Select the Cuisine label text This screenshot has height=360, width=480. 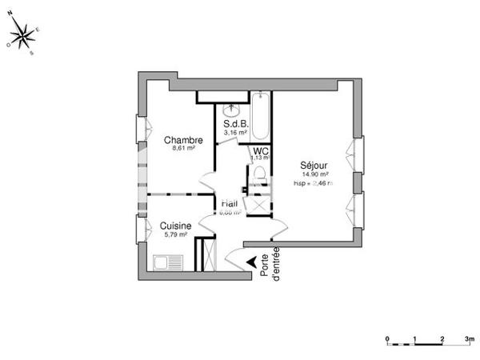[x=174, y=226]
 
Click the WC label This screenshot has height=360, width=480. [x=260, y=150]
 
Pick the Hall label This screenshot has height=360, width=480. [x=230, y=204]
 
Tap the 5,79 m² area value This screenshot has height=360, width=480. [x=175, y=234]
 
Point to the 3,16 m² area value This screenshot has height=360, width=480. [x=238, y=133]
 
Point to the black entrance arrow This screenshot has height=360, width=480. [x=254, y=261]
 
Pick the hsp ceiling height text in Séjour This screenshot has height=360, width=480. [x=313, y=183]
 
